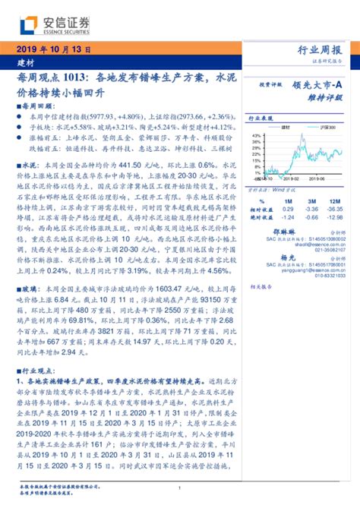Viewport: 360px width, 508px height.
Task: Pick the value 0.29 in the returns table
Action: [x=288, y=208]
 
